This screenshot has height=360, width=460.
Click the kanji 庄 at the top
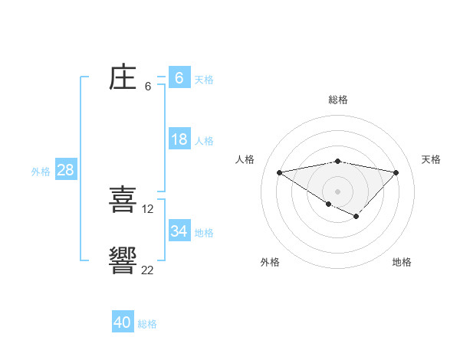pos(123,79)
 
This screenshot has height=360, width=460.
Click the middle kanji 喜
pos(123,200)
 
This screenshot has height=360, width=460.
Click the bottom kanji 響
pos(123,261)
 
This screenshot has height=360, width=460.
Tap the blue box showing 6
pos(179,78)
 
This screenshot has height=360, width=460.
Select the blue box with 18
pos(179,139)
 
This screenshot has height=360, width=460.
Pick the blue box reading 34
pos(179,231)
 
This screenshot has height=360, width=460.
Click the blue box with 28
pos(65,170)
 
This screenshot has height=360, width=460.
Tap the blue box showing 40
pos(123,322)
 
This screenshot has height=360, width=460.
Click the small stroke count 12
pos(148,208)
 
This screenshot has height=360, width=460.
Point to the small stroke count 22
pos(147,270)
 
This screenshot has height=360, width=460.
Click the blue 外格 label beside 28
pos(41,172)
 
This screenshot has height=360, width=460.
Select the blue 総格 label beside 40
pos(147,324)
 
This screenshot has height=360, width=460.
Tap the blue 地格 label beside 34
pos(204,233)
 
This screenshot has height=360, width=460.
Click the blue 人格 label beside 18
pos(204,141)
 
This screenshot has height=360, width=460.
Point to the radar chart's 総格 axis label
pos(337,100)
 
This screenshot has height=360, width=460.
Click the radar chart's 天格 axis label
pos(432,159)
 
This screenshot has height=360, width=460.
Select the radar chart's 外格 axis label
pos(270,262)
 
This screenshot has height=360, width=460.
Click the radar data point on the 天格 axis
pos(396,172)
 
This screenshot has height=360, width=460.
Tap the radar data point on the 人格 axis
pos(279,172)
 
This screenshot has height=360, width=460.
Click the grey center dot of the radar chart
pos(337,191)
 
